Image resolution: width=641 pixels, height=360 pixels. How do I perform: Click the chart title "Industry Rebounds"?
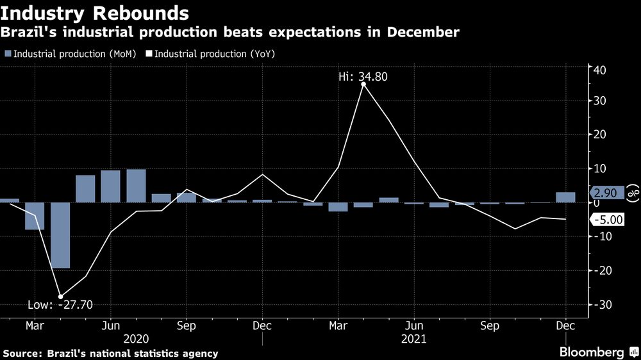coord(95,12)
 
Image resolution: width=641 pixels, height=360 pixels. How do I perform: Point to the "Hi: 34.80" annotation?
coord(363,77)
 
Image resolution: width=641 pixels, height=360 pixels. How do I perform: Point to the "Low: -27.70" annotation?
coord(60,304)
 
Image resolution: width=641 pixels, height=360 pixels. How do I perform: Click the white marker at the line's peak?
coord(363,84)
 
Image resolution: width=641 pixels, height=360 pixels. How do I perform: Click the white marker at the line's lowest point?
coord(60,297)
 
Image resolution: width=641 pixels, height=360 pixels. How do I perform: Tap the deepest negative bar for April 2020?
coord(60,235)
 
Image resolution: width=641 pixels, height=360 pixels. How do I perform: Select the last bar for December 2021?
coord(565,197)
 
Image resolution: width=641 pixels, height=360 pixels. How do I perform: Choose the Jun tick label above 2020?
coord(111,325)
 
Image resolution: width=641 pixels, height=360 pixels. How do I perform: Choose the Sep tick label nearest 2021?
coord(490,325)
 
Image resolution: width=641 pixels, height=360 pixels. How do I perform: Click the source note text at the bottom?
coord(110,353)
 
